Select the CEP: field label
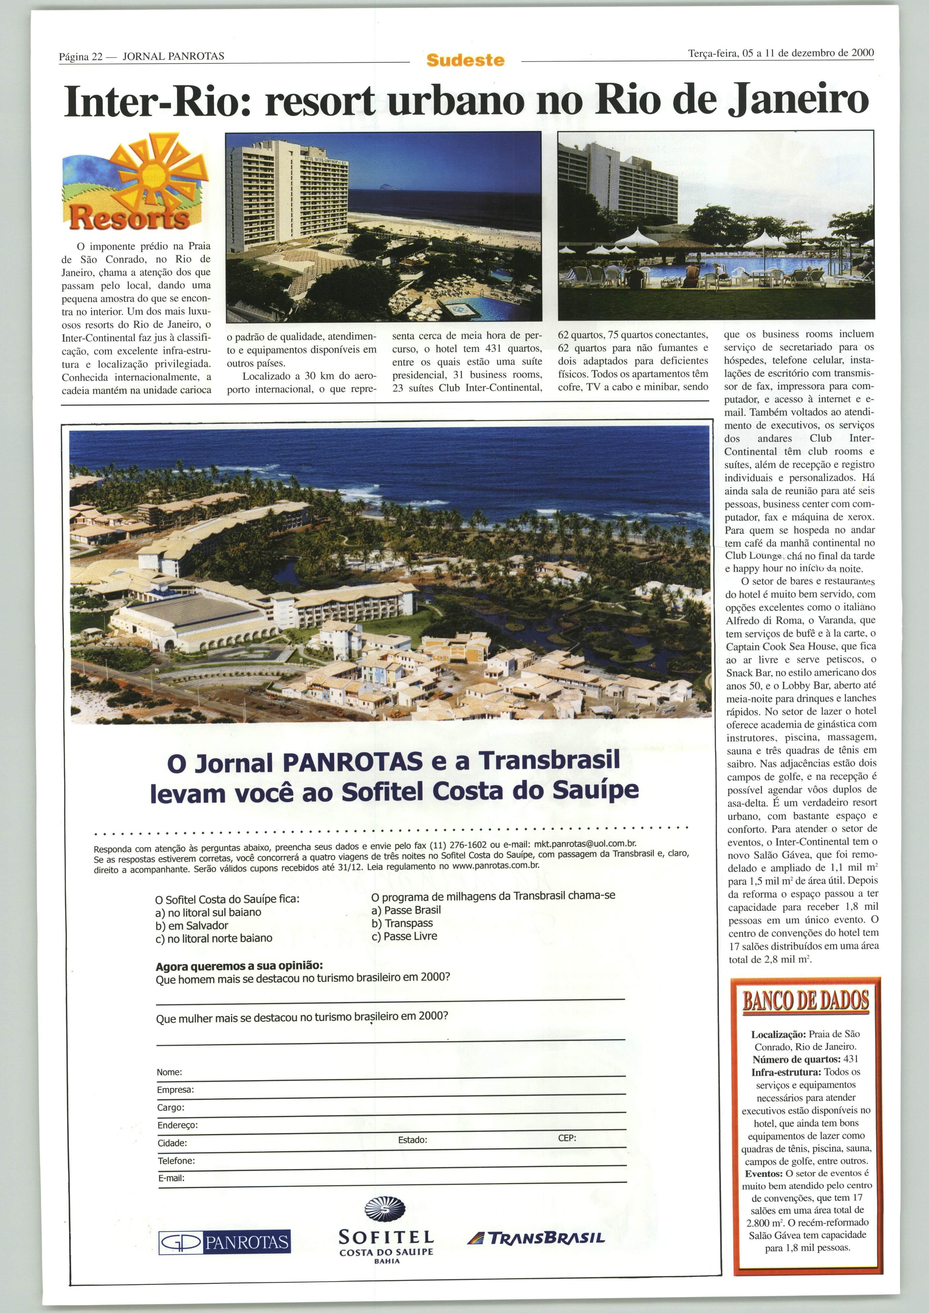click(567, 1138)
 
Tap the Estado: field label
click(413, 1140)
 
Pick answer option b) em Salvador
click(192, 925)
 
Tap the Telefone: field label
click(176, 1160)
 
